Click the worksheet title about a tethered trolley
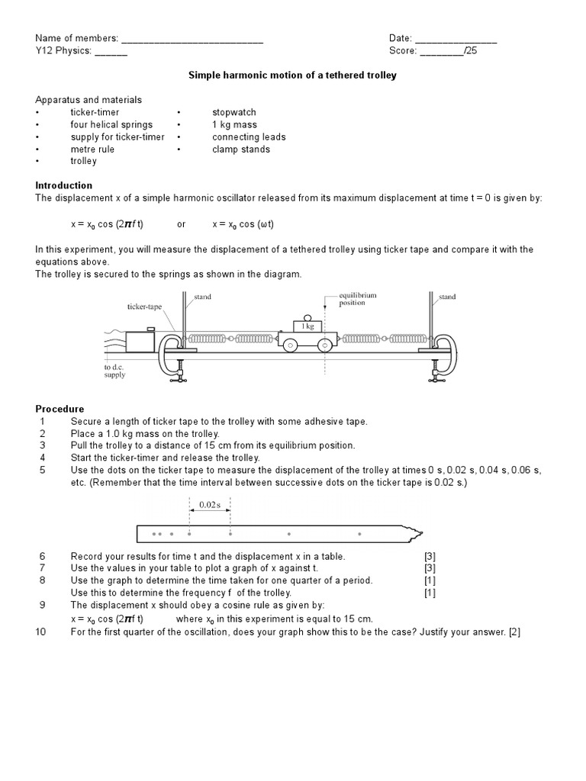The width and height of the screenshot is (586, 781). pyautogui.click(x=293, y=76)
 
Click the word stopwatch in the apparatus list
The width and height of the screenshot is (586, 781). pyautogui.click(x=234, y=112)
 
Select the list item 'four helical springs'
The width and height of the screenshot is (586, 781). pyautogui.click(x=111, y=124)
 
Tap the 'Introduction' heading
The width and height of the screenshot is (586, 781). pyautogui.click(x=64, y=185)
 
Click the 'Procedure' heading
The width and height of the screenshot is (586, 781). pyautogui.click(x=60, y=409)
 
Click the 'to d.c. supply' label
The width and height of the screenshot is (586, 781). pyautogui.click(x=114, y=371)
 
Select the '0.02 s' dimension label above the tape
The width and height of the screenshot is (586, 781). pyautogui.click(x=209, y=504)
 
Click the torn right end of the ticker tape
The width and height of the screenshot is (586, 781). pyautogui.click(x=417, y=532)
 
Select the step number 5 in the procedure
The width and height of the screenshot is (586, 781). pyautogui.click(x=43, y=470)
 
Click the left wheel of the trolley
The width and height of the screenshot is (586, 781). pyautogui.click(x=291, y=346)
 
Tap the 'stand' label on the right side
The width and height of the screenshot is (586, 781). pyautogui.click(x=447, y=297)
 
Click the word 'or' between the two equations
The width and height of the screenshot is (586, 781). pyautogui.click(x=182, y=224)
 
